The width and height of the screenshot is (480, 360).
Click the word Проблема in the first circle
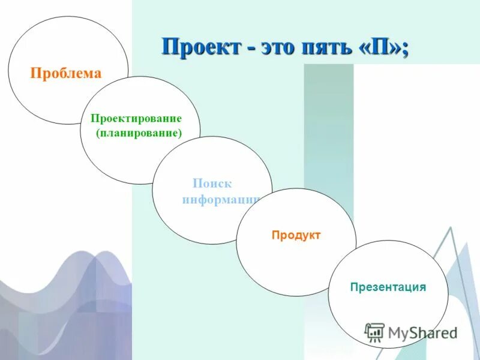[66, 74]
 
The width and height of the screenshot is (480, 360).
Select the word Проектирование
[136, 119]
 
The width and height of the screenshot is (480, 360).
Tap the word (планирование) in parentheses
[138, 133]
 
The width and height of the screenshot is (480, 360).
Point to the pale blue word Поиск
[212, 184]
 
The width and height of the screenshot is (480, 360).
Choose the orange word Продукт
[296, 235]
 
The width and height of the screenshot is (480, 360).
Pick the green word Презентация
[388, 287]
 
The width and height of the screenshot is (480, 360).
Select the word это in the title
[279, 47]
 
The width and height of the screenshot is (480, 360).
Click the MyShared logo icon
[374, 332]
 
